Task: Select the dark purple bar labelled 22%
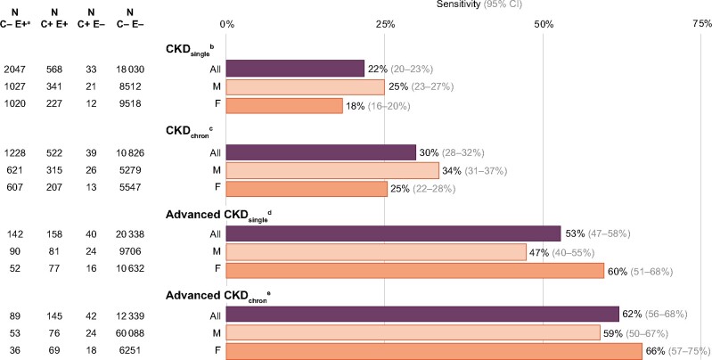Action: (x=296, y=69)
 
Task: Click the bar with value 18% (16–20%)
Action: (x=284, y=106)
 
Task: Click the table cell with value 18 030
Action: (x=125, y=69)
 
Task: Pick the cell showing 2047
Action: (x=17, y=69)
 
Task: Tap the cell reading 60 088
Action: (x=125, y=332)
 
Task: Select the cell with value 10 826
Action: (x=125, y=152)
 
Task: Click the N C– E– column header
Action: (x=125, y=18)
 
